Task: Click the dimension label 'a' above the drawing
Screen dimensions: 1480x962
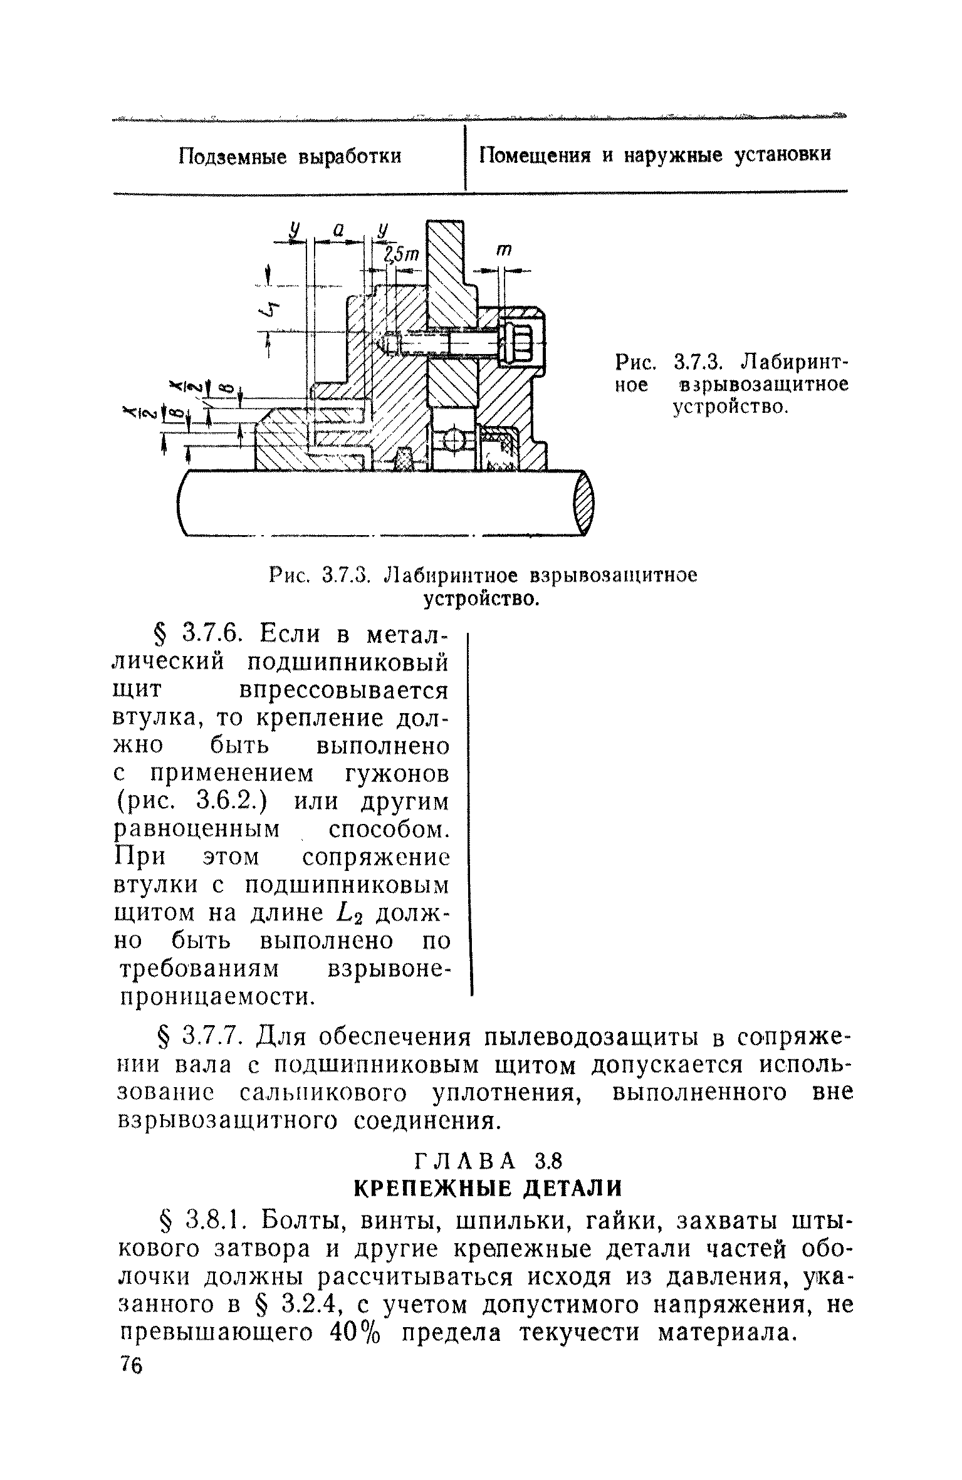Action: [338, 231]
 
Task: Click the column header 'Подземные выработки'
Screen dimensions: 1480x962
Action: [290, 156]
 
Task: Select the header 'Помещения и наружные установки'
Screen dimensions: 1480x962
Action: [655, 155]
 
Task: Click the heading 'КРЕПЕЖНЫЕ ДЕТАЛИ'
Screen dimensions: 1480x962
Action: [488, 1187]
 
